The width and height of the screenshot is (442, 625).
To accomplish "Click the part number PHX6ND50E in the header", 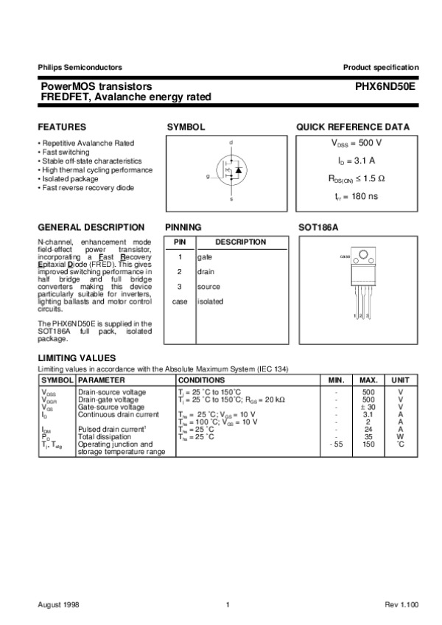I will tap(386, 86).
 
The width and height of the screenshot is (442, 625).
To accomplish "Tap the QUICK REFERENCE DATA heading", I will tap(353, 127).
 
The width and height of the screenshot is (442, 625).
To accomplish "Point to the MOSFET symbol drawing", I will tap(230, 170).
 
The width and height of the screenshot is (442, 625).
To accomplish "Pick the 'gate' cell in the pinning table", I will tap(204, 257).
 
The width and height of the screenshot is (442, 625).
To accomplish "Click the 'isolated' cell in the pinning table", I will tap(210, 301).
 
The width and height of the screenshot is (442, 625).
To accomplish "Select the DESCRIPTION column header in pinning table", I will tap(240, 242).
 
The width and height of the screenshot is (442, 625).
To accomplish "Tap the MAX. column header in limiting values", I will tap(368, 380).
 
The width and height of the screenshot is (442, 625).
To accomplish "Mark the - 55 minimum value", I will tap(335, 444).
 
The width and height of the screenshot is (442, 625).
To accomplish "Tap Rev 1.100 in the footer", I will tap(401, 604).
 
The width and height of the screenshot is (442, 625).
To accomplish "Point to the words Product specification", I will tap(380, 68).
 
